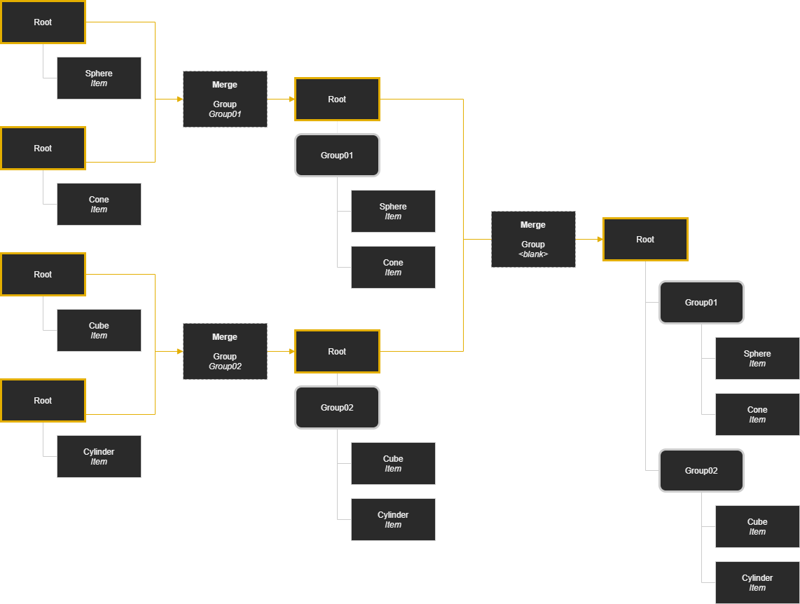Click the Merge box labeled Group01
pyautogui.click(x=225, y=99)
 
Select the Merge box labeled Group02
pyautogui.click(x=225, y=351)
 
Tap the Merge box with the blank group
pyautogui.click(x=533, y=239)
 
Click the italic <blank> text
pyautogui.click(x=533, y=254)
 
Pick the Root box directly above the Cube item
pyautogui.click(x=43, y=274)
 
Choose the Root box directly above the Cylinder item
pyautogui.click(x=43, y=400)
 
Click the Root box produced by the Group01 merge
pyautogui.click(x=337, y=99)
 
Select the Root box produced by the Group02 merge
pyautogui.click(x=337, y=351)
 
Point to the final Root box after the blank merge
pyautogui.click(x=645, y=239)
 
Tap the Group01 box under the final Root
pyautogui.click(x=701, y=302)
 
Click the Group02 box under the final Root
pyautogui.click(x=701, y=470)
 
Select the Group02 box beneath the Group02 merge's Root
pyautogui.click(x=337, y=407)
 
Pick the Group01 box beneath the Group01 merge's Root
pyautogui.click(x=337, y=155)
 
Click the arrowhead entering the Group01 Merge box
pyautogui.click(x=179, y=99)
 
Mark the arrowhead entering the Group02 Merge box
pyautogui.click(x=179, y=351)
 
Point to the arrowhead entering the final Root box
pyautogui.click(x=600, y=239)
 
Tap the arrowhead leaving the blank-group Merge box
pyautogui.click(x=600, y=239)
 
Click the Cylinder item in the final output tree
pyautogui.click(x=757, y=582)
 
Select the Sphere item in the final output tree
pyautogui.click(x=757, y=358)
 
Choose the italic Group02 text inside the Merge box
pyautogui.click(x=225, y=366)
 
